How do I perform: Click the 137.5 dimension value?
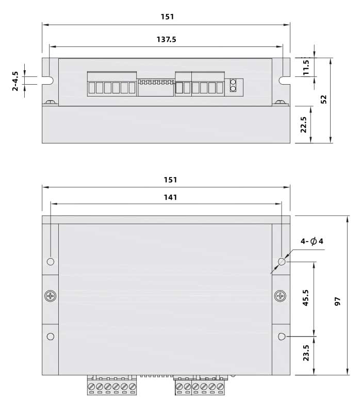[166, 39]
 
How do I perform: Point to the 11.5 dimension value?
[306, 67]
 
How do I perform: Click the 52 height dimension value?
[324, 100]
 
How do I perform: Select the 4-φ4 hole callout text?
[313, 242]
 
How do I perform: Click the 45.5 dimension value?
[305, 298]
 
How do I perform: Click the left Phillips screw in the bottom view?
[50, 296]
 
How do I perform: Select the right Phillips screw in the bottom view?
[280, 296]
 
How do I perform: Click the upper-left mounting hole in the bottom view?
[50, 261]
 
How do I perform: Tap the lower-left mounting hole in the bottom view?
[50, 337]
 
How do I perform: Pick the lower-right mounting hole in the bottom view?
[281, 337]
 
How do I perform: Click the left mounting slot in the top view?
[49, 81]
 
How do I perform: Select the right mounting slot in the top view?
[284, 81]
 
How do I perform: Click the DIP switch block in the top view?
[155, 87]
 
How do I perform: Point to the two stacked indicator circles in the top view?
[233, 85]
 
